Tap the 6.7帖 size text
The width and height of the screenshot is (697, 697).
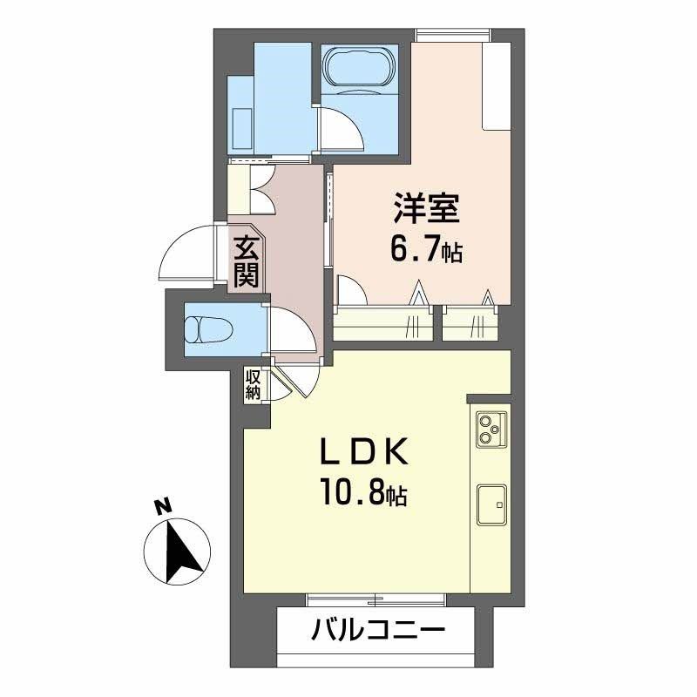point(425,251)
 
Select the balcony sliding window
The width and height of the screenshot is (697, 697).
point(376,599)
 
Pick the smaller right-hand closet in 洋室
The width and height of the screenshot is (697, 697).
point(470,323)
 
